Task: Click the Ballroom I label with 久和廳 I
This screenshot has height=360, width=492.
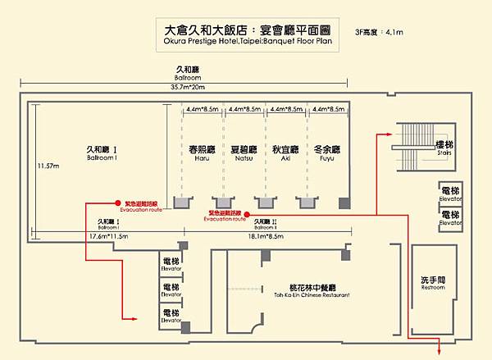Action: click(103, 153)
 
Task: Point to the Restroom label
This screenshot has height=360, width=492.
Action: click(434, 283)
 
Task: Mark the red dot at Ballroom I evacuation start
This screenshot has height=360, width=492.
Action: click(118, 203)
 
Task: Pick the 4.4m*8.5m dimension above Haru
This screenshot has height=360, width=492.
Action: click(203, 109)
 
